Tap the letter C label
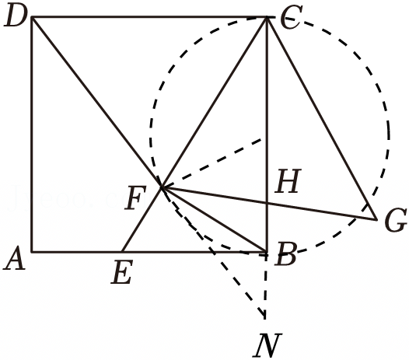click(292, 16)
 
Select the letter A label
click(14, 257)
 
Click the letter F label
click(135, 197)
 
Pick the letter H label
click(288, 181)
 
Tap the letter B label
click(285, 253)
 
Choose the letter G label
click(396, 220)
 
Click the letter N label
click(267, 345)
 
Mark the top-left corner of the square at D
click(32, 17)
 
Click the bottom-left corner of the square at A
click(32, 252)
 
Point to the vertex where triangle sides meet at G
click(376, 220)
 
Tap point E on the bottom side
click(122, 252)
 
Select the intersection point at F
click(163, 187)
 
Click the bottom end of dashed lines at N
click(265, 319)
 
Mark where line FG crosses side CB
click(267, 203)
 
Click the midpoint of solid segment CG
click(322, 118)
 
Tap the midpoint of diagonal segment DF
click(97, 102)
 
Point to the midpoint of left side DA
click(32, 135)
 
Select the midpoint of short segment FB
click(215, 219)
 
